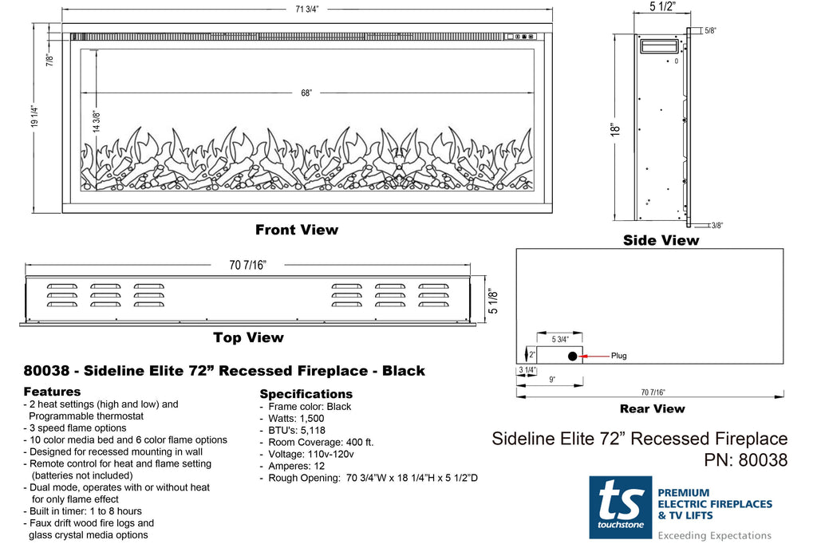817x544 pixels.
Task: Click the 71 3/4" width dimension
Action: click(307, 10)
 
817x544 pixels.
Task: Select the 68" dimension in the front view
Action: click(306, 93)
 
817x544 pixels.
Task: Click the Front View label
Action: click(297, 230)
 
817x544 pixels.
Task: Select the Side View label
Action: click(661, 240)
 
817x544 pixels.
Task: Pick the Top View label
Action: click(248, 337)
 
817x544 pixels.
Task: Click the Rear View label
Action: click(652, 408)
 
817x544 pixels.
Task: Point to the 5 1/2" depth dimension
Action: click(661, 7)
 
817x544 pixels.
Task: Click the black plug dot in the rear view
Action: click(572, 356)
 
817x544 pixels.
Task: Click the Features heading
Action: click(52, 392)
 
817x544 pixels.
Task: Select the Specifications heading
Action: click(306, 394)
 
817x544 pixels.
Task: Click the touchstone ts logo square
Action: click(620, 507)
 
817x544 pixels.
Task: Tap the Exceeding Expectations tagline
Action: click(714, 535)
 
